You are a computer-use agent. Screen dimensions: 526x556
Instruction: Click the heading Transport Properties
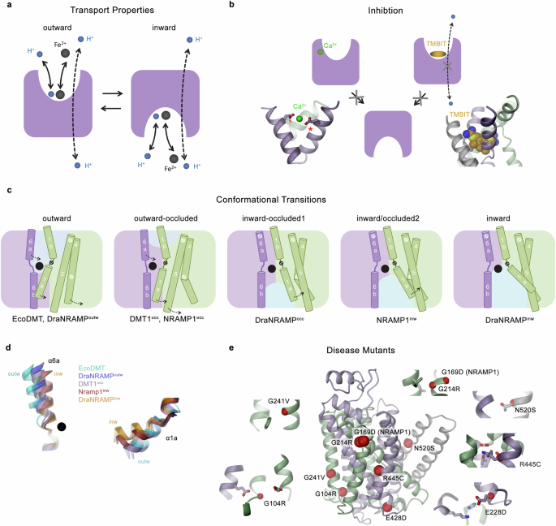point(140,10)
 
